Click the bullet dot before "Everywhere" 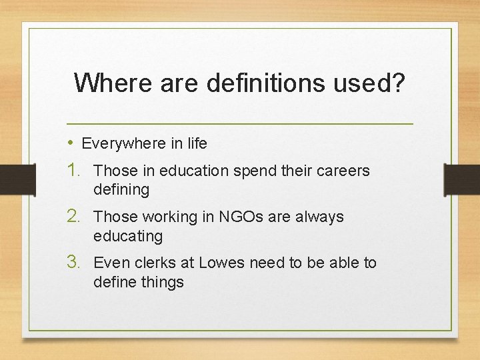(x=71, y=143)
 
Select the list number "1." (x=77, y=171)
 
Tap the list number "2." (x=77, y=217)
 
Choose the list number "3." (x=77, y=263)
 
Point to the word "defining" (x=121, y=190)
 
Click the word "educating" (x=128, y=236)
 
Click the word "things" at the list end (x=162, y=282)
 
